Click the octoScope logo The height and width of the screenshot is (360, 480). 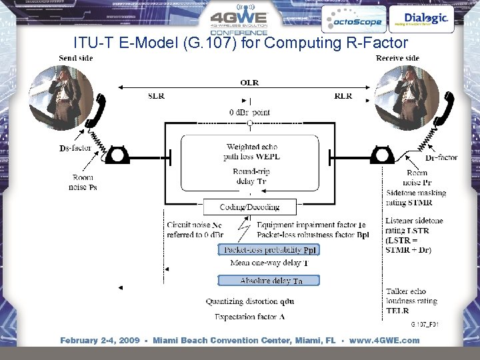[x=353, y=21]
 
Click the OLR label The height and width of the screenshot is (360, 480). [x=249, y=83]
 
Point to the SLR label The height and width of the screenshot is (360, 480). [x=157, y=96]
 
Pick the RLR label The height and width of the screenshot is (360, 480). [x=343, y=96]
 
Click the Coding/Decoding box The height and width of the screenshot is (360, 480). [x=249, y=207]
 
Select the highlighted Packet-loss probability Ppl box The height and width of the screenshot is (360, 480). [x=269, y=250]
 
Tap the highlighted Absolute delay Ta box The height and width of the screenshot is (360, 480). [x=269, y=281]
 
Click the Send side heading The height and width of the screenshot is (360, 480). [x=76, y=58]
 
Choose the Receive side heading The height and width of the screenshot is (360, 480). [x=397, y=58]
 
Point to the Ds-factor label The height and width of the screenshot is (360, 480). [x=75, y=148]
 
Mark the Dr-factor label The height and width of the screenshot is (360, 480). [x=441, y=157]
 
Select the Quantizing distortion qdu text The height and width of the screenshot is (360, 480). [x=250, y=301]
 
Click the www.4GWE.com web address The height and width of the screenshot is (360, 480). [x=385, y=340]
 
